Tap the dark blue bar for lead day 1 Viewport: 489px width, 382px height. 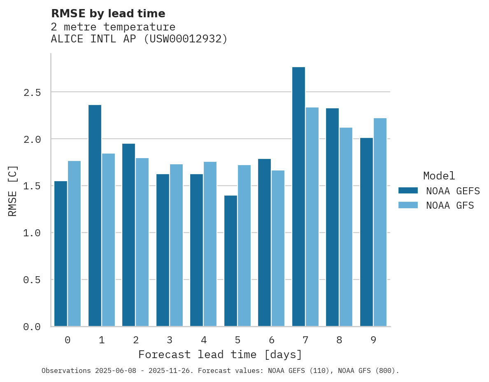coord(95,216)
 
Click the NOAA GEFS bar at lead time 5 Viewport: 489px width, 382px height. coord(231,261)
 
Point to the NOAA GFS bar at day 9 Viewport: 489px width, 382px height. coord(380,222)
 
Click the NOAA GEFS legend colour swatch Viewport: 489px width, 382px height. coord(408,191)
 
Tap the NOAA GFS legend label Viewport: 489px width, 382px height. coord(450,205)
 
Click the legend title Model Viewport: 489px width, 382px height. coord(439,176)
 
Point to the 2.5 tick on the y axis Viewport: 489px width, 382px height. coord(32,92)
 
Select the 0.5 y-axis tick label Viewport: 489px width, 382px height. coord(32,280)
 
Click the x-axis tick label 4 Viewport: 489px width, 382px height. coord(203,340)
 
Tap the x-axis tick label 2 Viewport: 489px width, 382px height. coord(135,340)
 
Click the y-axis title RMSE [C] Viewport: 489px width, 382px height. coord(13,191)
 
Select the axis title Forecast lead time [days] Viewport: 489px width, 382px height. coord(220,354)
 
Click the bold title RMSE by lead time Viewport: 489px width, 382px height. coord(108,14)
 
